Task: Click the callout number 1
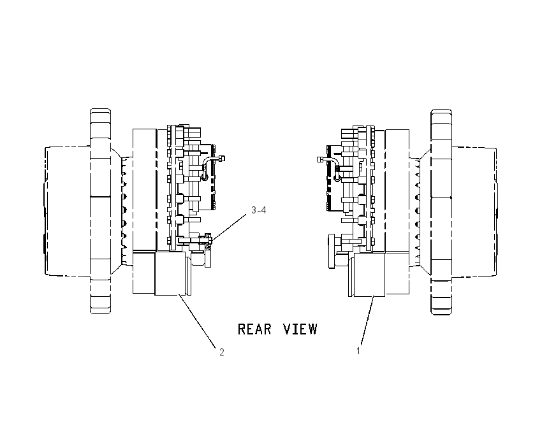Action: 358,351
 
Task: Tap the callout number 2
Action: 222,352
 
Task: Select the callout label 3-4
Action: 258,210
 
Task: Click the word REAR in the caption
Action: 255,329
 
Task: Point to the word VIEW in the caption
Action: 300,329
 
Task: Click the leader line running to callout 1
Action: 367,321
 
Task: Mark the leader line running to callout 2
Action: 198,320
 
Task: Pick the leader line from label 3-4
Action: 229,227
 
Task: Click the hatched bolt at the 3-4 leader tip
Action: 208,241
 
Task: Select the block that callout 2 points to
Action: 166,273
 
